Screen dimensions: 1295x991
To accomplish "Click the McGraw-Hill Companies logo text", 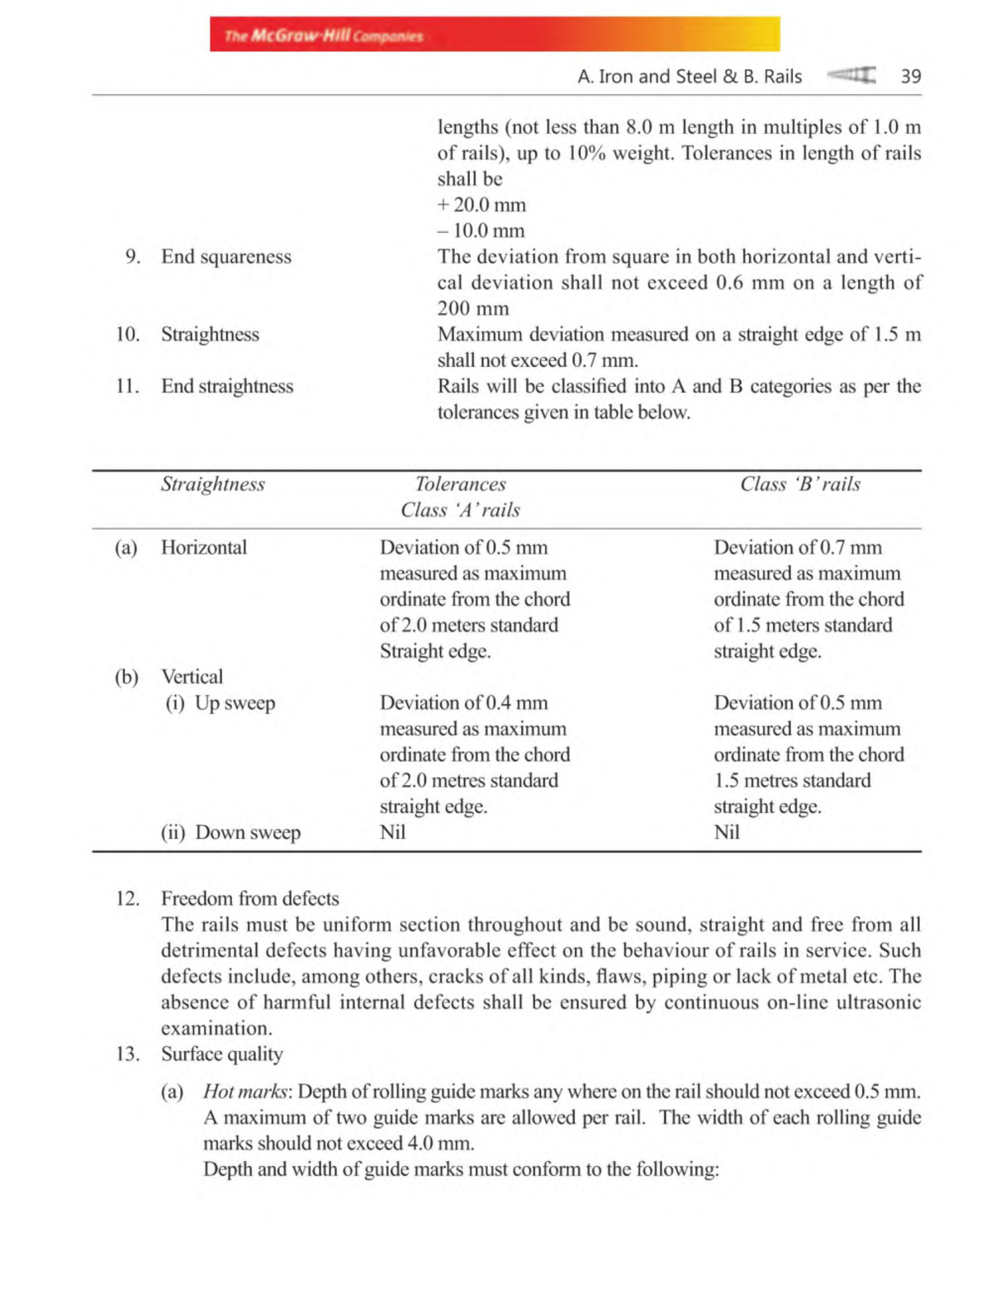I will pyautogui.click(x=323, y=36).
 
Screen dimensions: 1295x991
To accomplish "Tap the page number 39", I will pyautogui.click(x=910, y=77).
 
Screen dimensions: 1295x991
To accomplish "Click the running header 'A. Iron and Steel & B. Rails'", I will pyautogui.click(x=690, y=77).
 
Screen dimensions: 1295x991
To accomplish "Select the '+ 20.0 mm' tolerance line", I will pyautogui.click(x=481, y=205).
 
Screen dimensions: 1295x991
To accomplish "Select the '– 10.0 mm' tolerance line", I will pyautogui.click(x=481, y=231).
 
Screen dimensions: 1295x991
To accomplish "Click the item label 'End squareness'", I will pyautogui.click(x=225, y=257).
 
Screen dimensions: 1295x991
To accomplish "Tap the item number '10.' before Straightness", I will pyautogui.click(x=127, y=335).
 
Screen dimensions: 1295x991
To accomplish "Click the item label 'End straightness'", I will pyautogui.click(x=227, y=387).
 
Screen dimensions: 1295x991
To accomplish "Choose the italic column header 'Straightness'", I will pyautogui.click(x=212, y=484).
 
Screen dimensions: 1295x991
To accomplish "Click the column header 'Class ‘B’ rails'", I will pyautogui.click(x=799, y=484).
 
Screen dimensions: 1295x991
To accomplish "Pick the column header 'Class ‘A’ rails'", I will pyautogui.click(x=460, y=510).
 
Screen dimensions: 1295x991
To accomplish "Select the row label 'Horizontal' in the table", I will pyautogui.click(x=203, y=548).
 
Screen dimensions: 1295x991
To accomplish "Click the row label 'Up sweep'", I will pyautogui.click(x=235, y=703).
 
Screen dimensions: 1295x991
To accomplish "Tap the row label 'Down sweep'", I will pyautogui.click(x=247, y=832).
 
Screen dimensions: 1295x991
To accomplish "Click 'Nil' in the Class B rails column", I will pyautogui.click(x=727, y=832).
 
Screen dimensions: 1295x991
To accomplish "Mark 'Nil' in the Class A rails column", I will pyautogui.click(x=392, y=832).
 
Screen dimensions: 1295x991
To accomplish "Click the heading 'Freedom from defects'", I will pyautogui.click(x=249, y=898).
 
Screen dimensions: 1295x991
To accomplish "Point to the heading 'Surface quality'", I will pyautogui.click(x=221, y=1054).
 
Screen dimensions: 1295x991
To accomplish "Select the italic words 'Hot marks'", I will pyautogui.click(x=245, y=1092).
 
